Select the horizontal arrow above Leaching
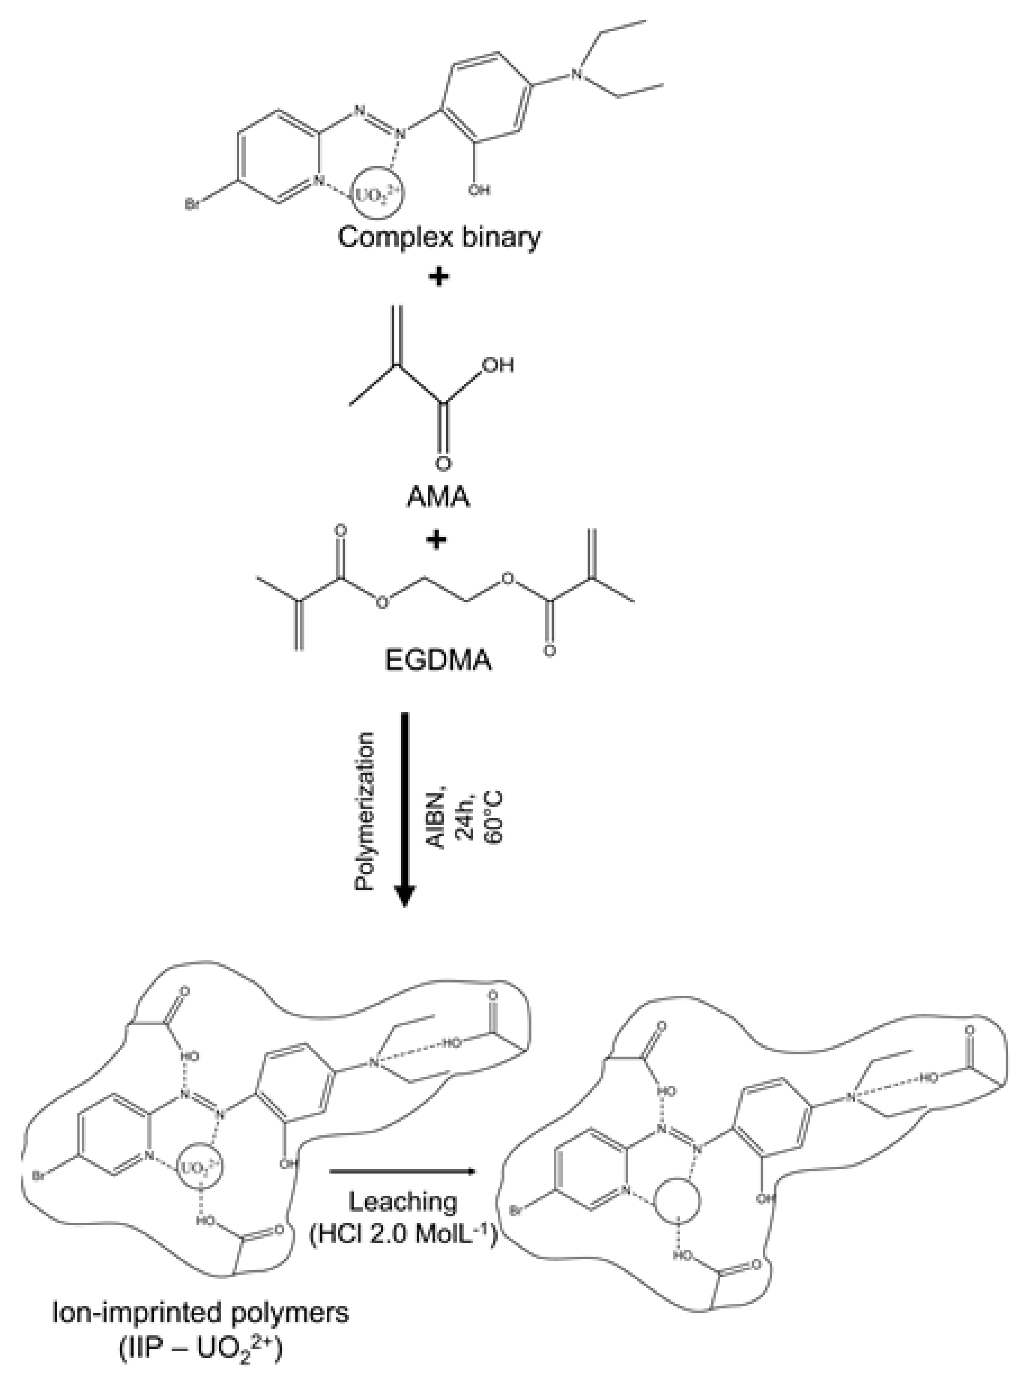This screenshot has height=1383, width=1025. point(402,1171)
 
